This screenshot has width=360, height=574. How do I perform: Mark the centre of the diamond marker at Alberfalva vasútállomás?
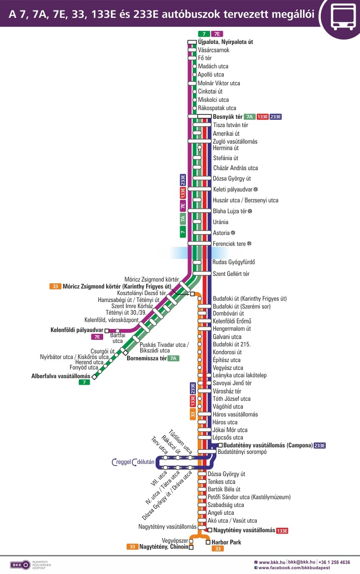coord(94,377)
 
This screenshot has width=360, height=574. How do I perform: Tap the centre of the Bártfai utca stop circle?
coord(118,331)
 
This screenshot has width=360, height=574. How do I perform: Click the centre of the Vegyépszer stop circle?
coord(191,540)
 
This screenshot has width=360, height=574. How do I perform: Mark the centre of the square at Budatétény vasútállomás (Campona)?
coord(220,445)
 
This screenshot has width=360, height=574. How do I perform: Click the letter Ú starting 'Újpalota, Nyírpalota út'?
coord(200,41)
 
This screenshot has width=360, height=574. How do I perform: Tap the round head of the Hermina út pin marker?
coord(199,148)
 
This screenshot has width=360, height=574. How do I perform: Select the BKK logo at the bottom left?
coord(20,565)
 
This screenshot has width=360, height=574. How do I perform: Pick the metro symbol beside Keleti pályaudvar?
coord(256,189)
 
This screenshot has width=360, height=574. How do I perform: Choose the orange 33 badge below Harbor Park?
coord(218,549)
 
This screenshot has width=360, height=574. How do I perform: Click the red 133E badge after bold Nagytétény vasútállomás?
coord(282,530)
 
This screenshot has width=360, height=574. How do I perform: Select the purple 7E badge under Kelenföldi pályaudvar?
coord(97,337)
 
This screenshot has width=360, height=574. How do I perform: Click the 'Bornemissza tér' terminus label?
coord(147,358)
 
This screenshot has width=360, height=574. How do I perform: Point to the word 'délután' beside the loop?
coord(146,462)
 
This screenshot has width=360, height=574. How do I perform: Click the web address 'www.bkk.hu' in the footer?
coord(272,562)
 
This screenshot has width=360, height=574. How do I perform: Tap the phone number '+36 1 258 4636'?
coord(334,562)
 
